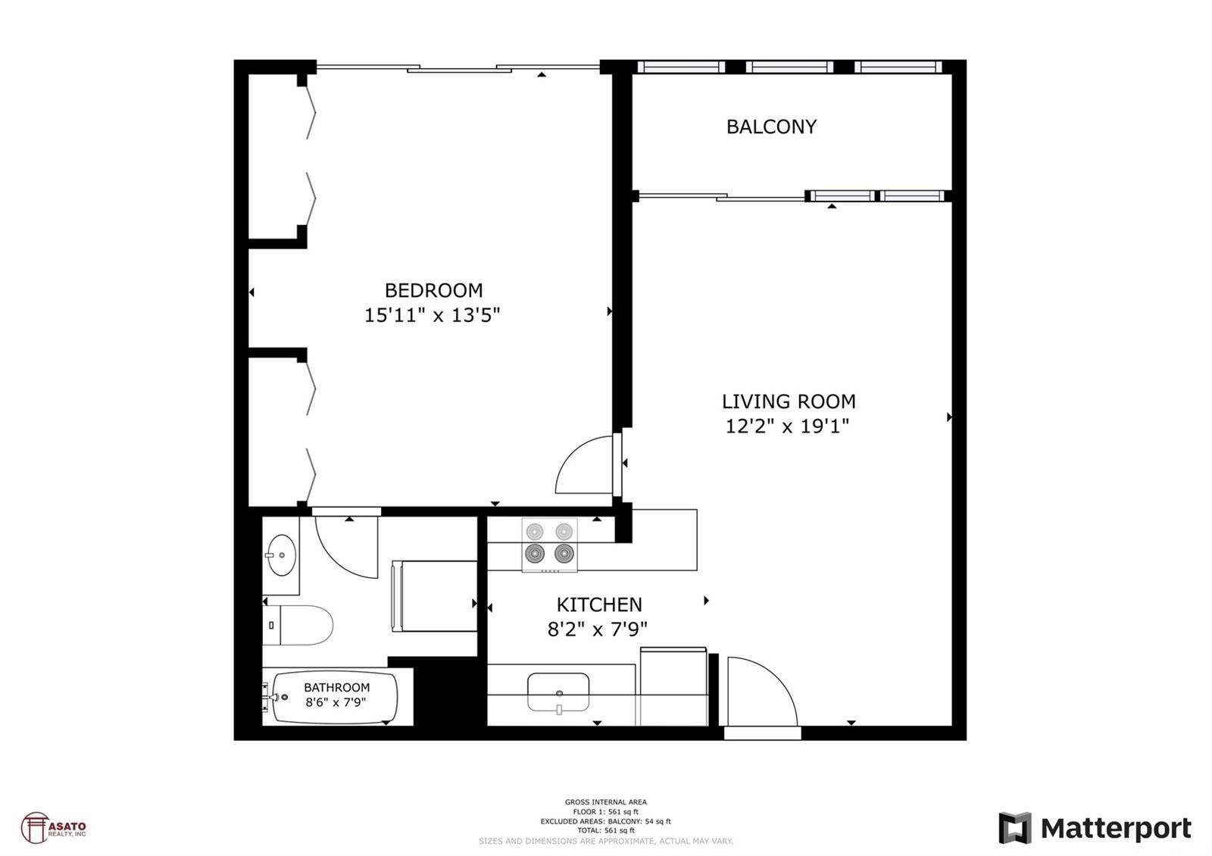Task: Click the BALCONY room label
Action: tap(771, 127)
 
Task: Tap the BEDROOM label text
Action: tap(433, 291)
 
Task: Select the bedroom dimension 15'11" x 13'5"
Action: tap(432, 315)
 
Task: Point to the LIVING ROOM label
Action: tap(789, 401)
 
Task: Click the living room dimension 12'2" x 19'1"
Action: tap(787, 426)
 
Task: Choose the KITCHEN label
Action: tap(599, 605)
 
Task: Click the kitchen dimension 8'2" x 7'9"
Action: tap(598, 630)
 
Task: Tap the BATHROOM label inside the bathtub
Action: tap(336, 687)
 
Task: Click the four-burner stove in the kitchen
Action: tap(549, 545)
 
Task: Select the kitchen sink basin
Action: tap(558, 692)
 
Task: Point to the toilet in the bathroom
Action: tap(298, 625)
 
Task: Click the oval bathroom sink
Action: tap(280, 555)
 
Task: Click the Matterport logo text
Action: tap(1116, 829)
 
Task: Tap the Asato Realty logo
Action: tap(53, 828)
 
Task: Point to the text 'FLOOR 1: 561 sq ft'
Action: tap(605, 812)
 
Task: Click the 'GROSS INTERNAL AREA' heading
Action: tap(605, 802)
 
